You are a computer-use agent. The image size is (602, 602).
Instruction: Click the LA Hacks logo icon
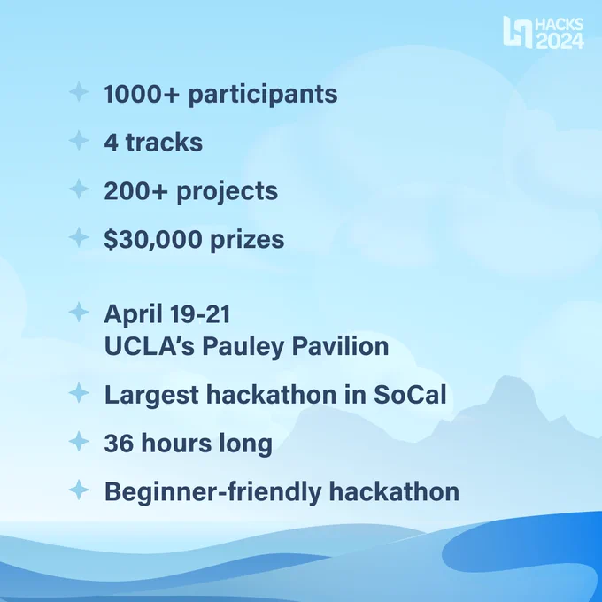click(518, 32)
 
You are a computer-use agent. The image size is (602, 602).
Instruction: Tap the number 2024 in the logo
click(560, 41)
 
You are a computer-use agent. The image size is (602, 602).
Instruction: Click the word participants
click(263, 95)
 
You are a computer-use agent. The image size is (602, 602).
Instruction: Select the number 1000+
click(142, 94)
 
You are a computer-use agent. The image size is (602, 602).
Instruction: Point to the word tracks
click(164, 142)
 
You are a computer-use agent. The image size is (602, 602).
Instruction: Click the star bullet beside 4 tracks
click(79, 140)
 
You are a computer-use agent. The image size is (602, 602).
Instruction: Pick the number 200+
click(136, 191)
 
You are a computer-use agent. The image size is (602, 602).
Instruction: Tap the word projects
click(227, 191)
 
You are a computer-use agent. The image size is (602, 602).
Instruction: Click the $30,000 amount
click(153, 240)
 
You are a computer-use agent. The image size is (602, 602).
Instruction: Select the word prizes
click(247, 240)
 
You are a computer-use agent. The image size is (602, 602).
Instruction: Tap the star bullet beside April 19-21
click(79, 313)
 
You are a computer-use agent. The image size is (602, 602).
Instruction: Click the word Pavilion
click(340, 346)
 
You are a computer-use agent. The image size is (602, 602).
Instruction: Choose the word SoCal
click(410, 395)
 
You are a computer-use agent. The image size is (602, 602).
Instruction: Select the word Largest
click(151, 396)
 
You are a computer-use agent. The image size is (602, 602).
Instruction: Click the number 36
click(119, 443)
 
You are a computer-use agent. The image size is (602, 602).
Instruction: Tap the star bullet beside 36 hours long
click(79, 441)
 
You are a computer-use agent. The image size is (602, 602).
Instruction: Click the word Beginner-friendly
click(212, 492)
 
